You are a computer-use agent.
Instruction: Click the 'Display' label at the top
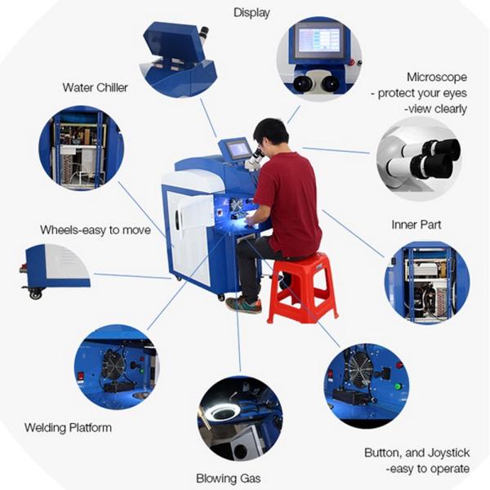click(252, 12)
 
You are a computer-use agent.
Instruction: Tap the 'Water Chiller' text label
click(95, 87)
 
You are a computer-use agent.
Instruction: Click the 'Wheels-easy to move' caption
click(96, 230)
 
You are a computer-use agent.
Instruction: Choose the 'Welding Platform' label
click(68, 427)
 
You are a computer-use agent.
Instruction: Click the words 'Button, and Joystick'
click(416, 452)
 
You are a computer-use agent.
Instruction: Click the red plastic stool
click(302, 286)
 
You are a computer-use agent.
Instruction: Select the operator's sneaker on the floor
click(244, 305)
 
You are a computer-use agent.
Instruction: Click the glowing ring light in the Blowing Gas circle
click(222, 413)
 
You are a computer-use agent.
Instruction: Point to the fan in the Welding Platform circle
click(114, 365)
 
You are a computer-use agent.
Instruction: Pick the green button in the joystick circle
click(398, 386)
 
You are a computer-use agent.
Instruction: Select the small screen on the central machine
click(238, 149)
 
